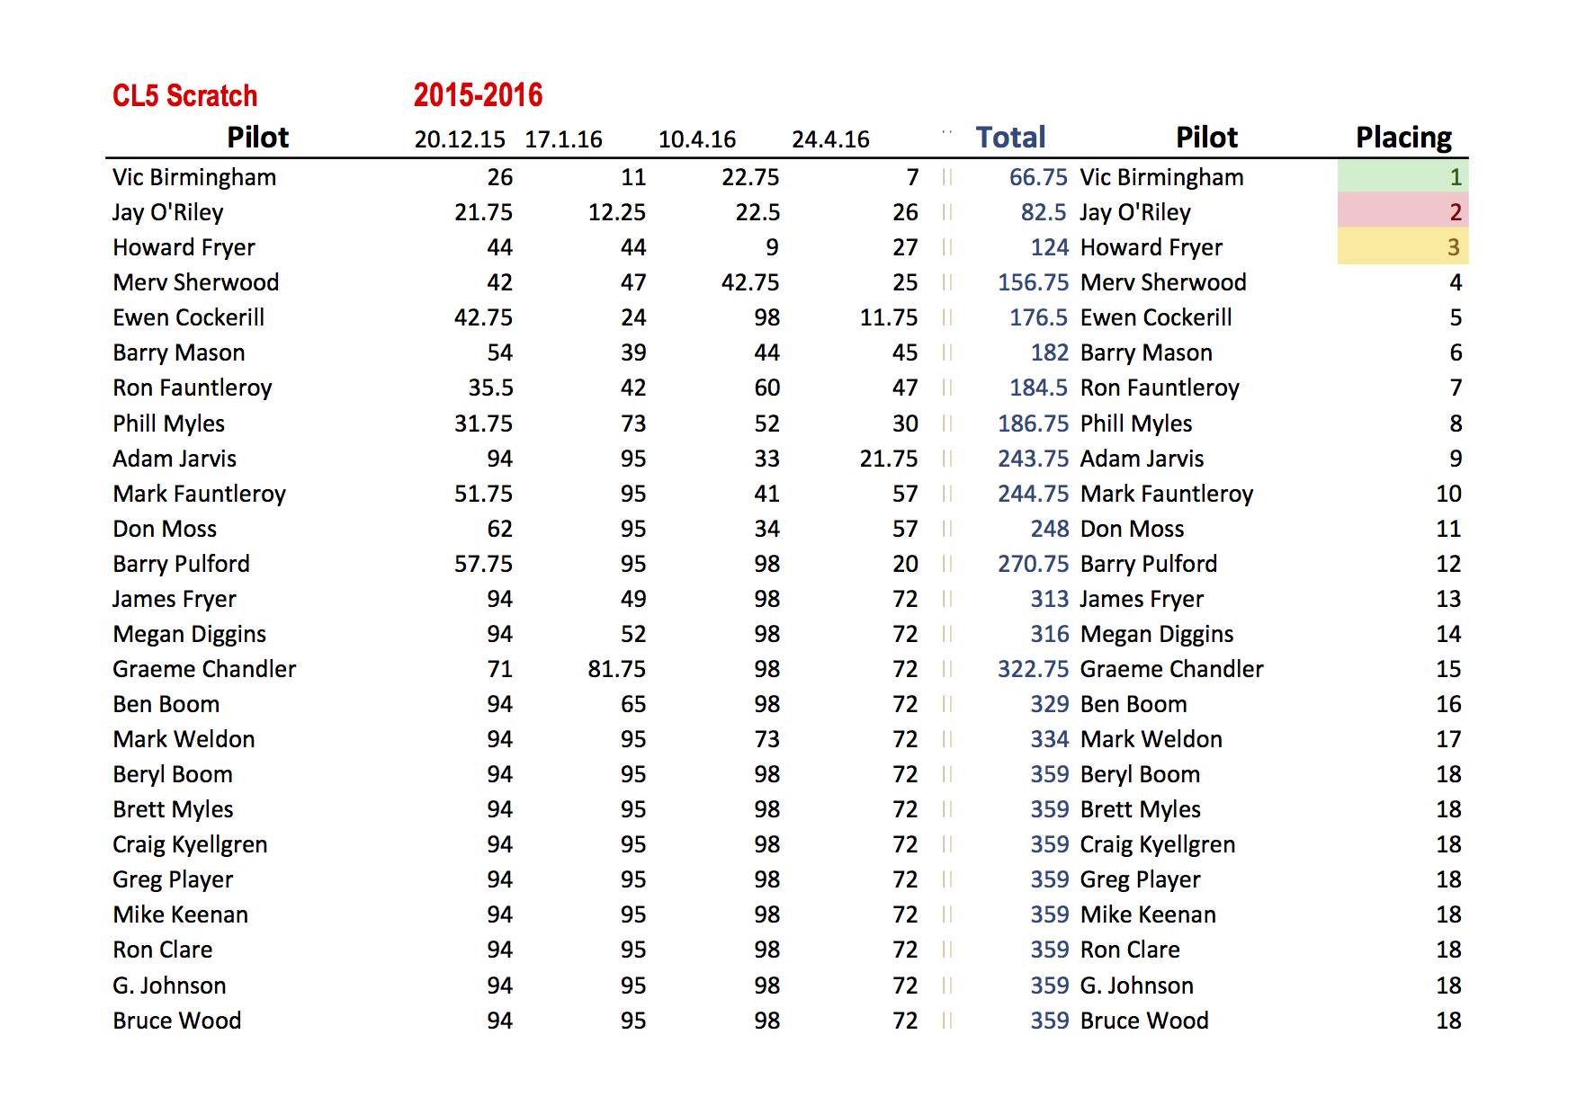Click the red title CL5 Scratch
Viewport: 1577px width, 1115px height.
184,95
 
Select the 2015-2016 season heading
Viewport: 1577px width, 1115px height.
478,95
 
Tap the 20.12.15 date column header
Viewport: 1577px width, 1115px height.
460,139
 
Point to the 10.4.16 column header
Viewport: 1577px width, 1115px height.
696,139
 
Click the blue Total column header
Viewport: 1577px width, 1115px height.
1010,138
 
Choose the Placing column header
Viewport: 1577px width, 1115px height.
1403,138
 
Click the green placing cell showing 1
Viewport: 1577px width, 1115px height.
1402,177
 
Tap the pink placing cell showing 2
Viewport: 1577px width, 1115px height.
1402,212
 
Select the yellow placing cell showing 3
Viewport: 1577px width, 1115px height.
1402,247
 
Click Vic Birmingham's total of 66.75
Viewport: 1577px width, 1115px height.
1038,177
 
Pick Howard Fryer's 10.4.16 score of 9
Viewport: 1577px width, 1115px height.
772,247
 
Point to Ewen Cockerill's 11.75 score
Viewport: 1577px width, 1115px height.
889,317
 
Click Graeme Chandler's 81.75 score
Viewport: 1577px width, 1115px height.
616,669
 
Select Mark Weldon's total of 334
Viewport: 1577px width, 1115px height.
1049,739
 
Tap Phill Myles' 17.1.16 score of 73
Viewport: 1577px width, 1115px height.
633,424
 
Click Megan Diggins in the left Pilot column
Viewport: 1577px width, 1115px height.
189,634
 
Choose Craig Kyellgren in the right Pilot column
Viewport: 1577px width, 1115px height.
1157,844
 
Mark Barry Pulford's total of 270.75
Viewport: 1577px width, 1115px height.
1033,564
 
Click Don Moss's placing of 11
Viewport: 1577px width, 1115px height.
1448,529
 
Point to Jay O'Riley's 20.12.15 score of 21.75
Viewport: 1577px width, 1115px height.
483,212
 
